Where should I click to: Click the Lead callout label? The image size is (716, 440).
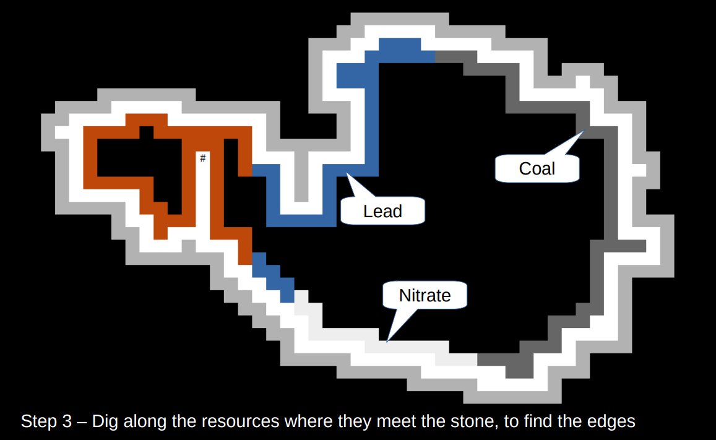[382, 212]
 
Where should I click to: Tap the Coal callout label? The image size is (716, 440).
[537, 168]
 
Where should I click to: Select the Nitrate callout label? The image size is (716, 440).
[425, 295]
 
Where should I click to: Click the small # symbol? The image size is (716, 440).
[202, 159]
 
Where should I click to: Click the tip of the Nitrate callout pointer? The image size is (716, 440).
[387, 341]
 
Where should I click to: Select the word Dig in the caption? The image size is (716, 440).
[106, 422]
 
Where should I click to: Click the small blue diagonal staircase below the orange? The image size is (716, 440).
[273, 277]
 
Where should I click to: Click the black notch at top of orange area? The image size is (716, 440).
[146, 132]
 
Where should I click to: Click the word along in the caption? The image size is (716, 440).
[149, 422]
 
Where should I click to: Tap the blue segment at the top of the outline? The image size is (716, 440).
[399, 50]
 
